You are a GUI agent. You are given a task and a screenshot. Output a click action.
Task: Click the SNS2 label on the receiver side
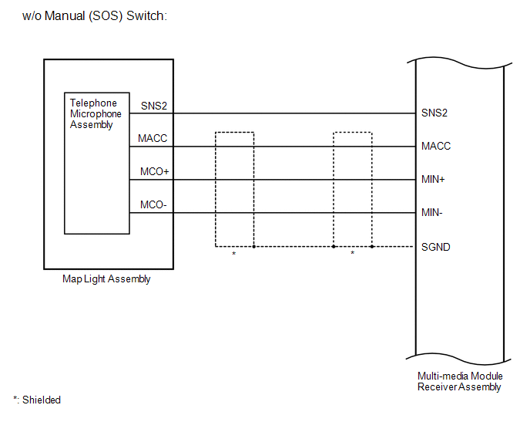[434, 113]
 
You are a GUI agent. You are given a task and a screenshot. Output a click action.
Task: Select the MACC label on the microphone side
[153, 139]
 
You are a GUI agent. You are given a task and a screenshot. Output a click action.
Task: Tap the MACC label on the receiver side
[436, 147]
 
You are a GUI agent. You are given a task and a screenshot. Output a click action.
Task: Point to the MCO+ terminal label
[155, 172]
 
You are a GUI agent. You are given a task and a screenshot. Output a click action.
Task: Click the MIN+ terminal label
[434, 180]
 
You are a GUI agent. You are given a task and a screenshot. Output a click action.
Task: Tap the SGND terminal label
[436, 247]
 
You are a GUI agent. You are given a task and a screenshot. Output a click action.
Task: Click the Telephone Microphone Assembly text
[96, 113]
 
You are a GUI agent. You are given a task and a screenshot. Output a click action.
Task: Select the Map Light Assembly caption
[106, 279]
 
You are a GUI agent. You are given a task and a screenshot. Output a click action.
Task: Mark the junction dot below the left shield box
[253, 247]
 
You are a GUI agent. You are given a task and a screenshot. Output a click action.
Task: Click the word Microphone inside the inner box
[96, 114]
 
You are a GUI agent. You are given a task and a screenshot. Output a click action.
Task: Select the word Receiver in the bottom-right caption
[438, 386]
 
